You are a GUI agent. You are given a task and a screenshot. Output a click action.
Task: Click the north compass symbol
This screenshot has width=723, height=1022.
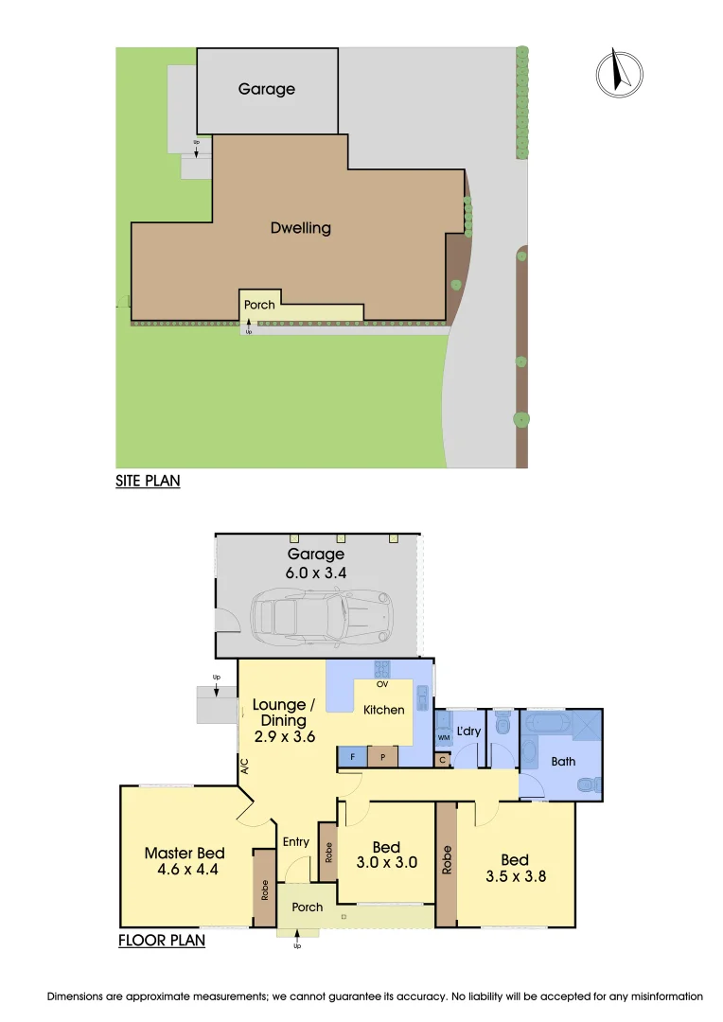pos(619,73)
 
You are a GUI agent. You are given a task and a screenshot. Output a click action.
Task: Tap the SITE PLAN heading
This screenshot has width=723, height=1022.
pos(148,481)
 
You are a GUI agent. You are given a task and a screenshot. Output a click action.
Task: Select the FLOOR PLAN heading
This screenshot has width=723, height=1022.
pos(162,941)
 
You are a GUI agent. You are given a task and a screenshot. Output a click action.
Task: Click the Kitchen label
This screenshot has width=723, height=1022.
pos(384,710)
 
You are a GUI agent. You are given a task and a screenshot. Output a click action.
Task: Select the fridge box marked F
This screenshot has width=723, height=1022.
pos(352,757)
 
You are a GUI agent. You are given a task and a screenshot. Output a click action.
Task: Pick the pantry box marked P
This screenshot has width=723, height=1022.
pos(382,757)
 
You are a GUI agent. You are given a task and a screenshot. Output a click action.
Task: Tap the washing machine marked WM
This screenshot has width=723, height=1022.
pos(443,736)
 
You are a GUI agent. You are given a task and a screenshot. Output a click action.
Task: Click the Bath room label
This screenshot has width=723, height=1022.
pos(563,761)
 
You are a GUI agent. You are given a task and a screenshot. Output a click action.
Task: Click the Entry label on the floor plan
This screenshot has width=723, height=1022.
pos(296,842)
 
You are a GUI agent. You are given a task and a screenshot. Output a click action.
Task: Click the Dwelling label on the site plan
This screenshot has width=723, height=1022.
pos(301,227)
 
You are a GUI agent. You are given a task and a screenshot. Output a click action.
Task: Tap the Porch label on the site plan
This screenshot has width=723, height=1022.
pos(259,305)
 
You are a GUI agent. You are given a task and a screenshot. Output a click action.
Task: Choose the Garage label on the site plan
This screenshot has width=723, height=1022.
pos(267,89)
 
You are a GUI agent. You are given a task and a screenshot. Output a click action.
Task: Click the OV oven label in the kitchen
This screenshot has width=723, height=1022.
pos(382,682)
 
